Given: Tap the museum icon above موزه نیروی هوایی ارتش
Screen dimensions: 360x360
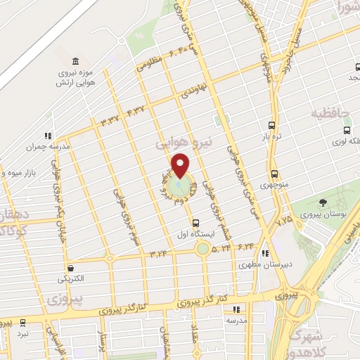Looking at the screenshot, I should (75, 61).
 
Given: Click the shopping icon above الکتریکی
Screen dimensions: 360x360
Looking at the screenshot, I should (72, 268).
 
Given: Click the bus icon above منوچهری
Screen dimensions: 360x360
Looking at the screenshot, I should (274, 174).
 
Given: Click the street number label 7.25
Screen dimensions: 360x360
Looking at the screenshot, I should (284, 221).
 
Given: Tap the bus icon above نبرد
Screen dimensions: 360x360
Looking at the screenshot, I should (23, 323).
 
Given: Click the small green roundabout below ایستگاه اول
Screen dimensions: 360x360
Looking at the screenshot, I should (202, 247).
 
